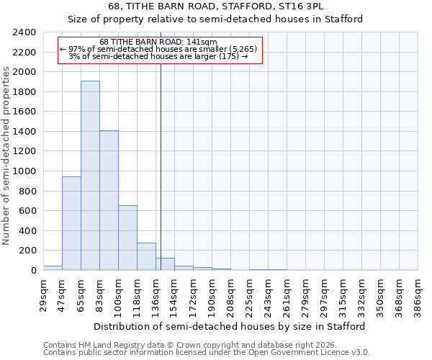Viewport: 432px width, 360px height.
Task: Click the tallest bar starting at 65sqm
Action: coord(90,176)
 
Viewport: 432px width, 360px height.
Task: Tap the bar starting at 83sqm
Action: coord(109,200)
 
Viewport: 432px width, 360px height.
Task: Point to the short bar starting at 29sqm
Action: coord(53,268)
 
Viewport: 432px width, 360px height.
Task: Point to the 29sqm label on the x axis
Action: coord(43,294)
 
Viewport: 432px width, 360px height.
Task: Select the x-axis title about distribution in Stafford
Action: coord(230,326)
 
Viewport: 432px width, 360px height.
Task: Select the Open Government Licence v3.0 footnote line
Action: coord(207,352)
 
